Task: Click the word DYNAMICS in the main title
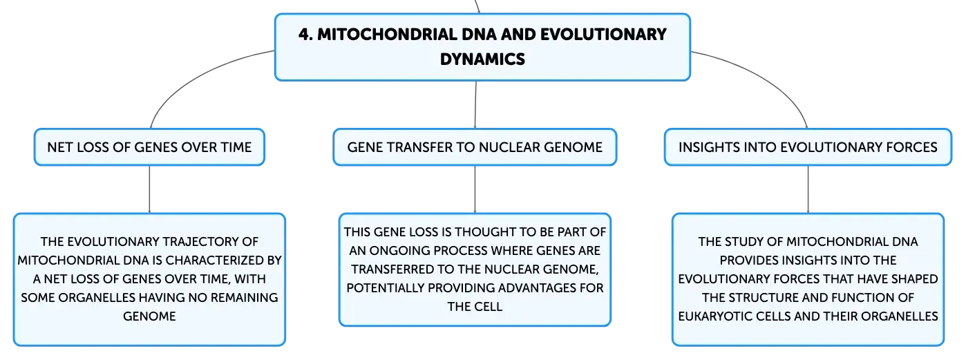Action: point(482,59)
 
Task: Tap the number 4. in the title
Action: point(305,35)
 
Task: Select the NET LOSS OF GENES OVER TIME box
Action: point(149,147)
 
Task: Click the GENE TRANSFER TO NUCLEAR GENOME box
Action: point(475,147)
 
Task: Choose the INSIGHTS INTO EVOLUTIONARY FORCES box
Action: point(808,147)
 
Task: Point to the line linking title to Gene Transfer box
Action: point(475,105)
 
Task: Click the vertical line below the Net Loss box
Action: point(150,189)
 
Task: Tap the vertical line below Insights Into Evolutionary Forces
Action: point(808,189)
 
